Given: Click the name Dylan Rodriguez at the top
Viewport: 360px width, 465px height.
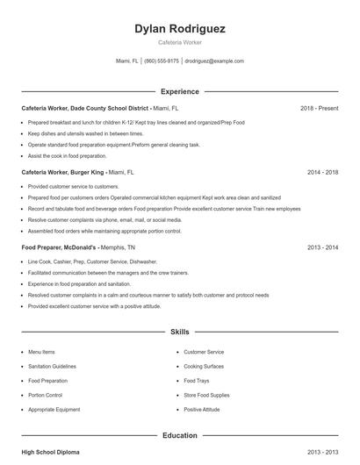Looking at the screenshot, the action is [x=180, y=29].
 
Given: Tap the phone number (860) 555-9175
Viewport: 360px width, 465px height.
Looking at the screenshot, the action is [x=161, y=61].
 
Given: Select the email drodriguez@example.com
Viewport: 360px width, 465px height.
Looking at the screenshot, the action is [x=214, y=61].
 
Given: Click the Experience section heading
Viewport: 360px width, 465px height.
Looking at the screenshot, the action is [x=180, y=91].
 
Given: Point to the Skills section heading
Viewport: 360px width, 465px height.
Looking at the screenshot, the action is [x=180, y=333].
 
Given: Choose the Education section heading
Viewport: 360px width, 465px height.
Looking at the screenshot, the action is [x=180, y=435].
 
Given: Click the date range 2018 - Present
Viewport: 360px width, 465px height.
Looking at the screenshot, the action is [x=319, y=108].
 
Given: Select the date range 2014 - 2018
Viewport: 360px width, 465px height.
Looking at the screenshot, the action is [x=322, y=173].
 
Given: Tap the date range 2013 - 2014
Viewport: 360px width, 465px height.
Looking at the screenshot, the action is [x=322, y=248].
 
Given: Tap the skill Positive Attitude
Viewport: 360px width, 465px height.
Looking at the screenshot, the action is [x=202, y=410].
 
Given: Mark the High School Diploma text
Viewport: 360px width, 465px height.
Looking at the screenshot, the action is [x=50, y=452].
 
